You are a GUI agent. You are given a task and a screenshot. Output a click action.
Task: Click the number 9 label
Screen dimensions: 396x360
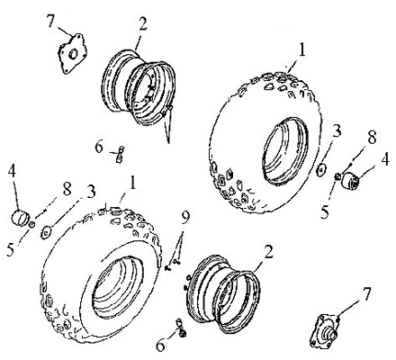coord(185,218)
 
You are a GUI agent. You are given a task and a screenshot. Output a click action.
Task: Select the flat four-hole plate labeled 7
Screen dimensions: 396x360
coord(72,53)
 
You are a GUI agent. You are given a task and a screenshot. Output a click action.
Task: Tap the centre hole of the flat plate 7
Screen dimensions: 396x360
coord(73,54)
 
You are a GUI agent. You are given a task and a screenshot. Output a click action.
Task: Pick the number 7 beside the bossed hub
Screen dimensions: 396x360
coord(366,294)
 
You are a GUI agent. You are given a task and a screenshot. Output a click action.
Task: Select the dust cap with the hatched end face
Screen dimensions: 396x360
coord(351,179)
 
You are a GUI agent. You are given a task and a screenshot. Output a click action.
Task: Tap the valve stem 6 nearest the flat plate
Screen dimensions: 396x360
coord(120,154)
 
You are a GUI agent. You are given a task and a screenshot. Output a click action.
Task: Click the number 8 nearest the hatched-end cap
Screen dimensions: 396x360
coord(372,139)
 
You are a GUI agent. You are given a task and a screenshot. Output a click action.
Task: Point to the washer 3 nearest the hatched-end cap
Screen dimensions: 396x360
coord(321,170)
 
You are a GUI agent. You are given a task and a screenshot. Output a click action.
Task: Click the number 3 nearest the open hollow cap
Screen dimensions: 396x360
coord(91,191)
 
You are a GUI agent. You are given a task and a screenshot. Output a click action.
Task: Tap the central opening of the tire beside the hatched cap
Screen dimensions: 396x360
coord(285,150)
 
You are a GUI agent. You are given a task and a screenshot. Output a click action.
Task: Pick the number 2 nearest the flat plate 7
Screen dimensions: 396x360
coord(142,23)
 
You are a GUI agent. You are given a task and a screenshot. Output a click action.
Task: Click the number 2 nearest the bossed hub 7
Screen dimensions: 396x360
coord(268,252)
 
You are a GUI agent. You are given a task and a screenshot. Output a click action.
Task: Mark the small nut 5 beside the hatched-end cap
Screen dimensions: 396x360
coord(337,176)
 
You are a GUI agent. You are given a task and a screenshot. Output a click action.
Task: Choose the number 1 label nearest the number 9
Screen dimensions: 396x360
coord(131,183)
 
